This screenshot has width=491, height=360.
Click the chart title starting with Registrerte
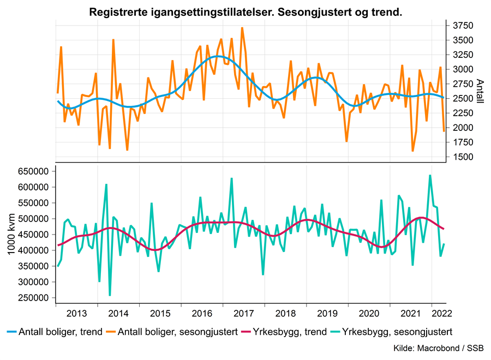click(245, 12)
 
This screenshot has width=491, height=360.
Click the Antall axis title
click(480, 91)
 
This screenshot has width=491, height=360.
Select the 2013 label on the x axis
click(76, 314)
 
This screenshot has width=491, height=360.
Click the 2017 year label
click(243, 314)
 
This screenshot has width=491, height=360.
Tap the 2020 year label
click(369, 314)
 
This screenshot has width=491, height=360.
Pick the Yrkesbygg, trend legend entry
click(292, 332)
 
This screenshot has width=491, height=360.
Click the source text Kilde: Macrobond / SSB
click(438, 349)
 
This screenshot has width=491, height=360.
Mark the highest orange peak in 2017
click(242, 28)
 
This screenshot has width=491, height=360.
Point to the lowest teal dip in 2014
click(110, 296)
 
